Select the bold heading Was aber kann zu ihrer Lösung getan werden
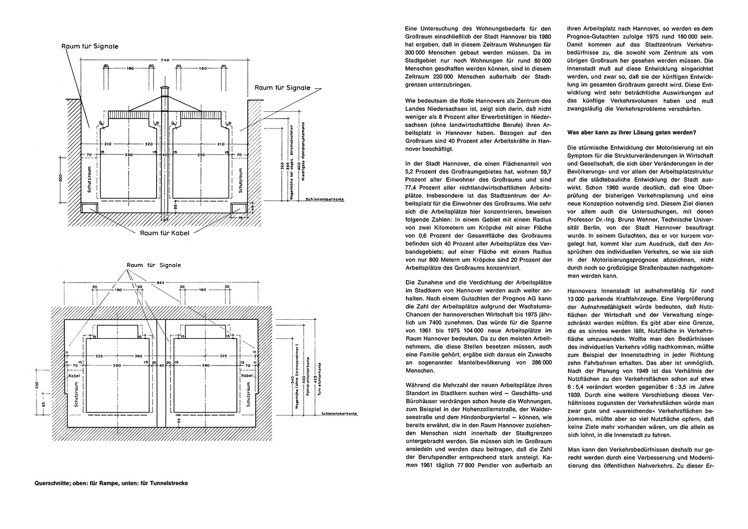[x=632, y=132]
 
